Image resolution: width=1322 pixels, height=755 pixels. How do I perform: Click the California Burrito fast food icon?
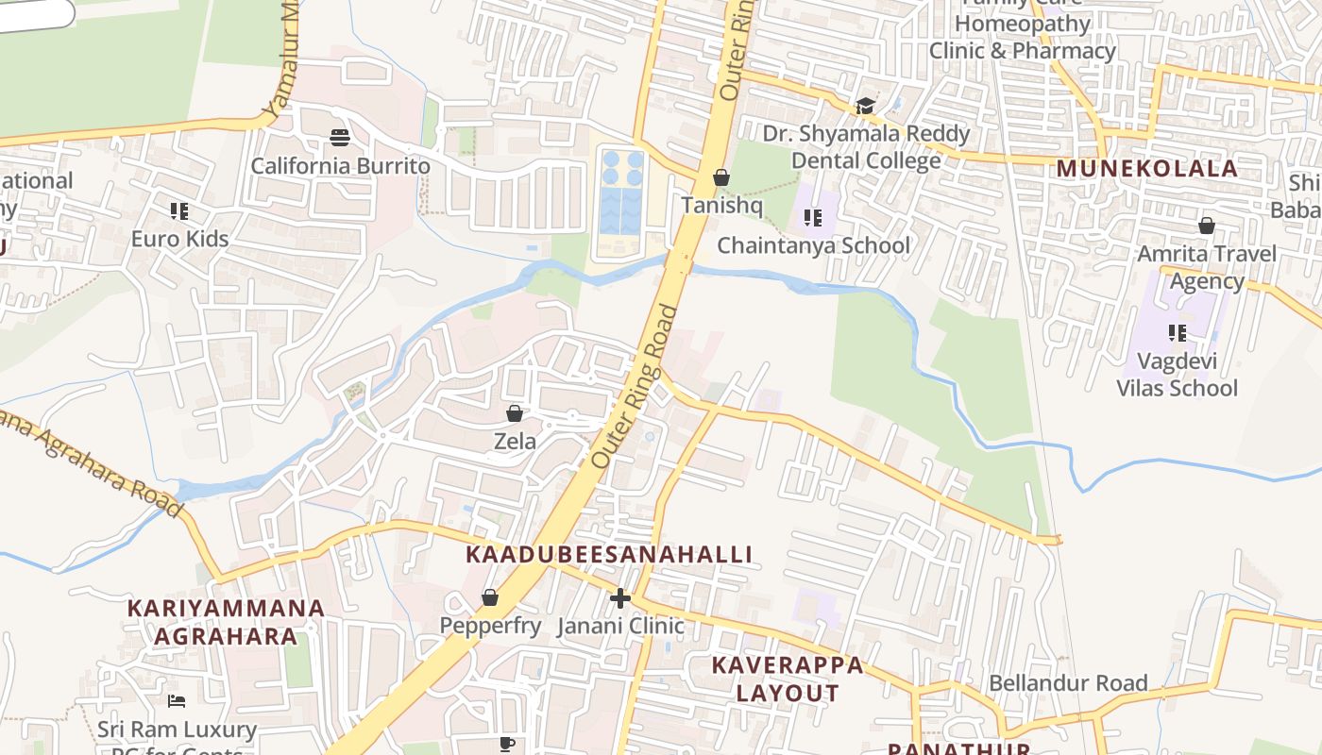[x=340, y=138]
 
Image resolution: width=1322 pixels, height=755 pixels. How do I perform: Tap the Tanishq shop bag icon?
[x=721, y=177]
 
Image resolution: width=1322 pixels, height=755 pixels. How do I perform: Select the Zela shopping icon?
[x=515, y=413]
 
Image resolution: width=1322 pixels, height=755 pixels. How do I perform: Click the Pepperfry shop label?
[x=490, y=626]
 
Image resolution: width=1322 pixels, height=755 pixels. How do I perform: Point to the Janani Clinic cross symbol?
[x=619, y=597]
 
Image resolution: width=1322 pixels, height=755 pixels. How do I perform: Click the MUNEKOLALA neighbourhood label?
[x=1146, y=169]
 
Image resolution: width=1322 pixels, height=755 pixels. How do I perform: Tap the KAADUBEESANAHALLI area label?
[x=609, y=555]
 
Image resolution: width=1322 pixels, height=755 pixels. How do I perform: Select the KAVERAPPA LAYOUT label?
[x=787, y=679]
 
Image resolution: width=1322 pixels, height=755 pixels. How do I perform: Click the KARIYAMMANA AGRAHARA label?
[x=227, y=621]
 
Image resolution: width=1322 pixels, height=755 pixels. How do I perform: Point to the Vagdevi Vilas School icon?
[x=1177, y=332]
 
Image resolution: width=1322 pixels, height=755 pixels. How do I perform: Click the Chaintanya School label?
[x=813, y=246]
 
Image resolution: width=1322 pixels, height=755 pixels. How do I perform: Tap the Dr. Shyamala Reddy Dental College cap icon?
[x=865, y=106]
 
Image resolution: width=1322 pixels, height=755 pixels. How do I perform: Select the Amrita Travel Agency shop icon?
[x=1206, y=226]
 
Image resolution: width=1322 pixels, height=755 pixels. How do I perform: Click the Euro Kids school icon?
[x=179, y=210]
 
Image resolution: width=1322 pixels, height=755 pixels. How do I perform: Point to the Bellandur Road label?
[x=1068, y=682]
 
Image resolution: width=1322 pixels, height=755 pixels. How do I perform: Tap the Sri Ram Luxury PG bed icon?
[x=177, y=700]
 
